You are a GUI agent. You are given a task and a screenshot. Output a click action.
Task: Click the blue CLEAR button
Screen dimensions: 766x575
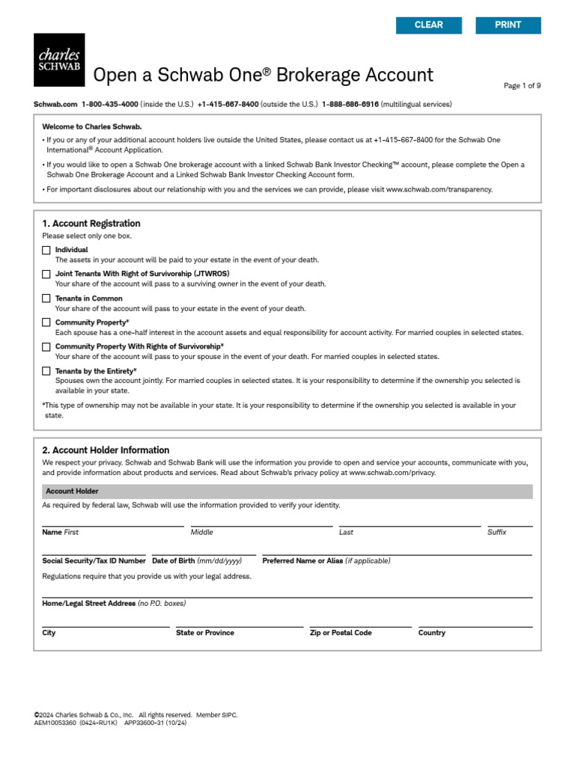(x=429, y=25)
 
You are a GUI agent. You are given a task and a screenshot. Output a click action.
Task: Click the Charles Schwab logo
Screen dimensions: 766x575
(x=59, y=59)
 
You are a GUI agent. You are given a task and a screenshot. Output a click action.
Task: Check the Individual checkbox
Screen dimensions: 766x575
(x=46, y=250)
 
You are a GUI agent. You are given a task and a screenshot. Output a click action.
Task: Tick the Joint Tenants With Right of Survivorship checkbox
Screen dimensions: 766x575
(x=46, y=275)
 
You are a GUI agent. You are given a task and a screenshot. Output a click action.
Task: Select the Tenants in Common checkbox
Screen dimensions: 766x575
(x=46, y=298)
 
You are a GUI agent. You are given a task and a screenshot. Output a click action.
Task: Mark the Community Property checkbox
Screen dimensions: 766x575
(x=46, y=322)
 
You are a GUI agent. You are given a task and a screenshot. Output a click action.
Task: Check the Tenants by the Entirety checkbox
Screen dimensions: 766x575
(x=46, y=371)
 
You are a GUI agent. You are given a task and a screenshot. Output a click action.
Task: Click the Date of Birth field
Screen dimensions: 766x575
(x=204, y=550)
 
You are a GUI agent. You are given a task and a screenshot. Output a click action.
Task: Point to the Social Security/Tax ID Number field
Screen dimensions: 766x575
(x=94, y=550)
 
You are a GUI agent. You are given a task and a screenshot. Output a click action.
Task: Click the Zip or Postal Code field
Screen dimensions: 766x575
(x=360, y=622)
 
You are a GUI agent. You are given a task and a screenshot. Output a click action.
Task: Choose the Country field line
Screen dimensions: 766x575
(x=475, y=622)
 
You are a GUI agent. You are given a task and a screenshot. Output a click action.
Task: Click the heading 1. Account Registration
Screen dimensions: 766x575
(x=91, y=224)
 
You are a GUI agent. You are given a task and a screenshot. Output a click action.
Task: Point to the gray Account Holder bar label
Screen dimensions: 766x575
(x=72, y=491)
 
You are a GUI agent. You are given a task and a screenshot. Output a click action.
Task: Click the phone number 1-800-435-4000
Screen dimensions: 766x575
(x=109, y=104)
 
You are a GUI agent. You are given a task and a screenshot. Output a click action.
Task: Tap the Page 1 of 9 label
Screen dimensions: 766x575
(x=522, y=86)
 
